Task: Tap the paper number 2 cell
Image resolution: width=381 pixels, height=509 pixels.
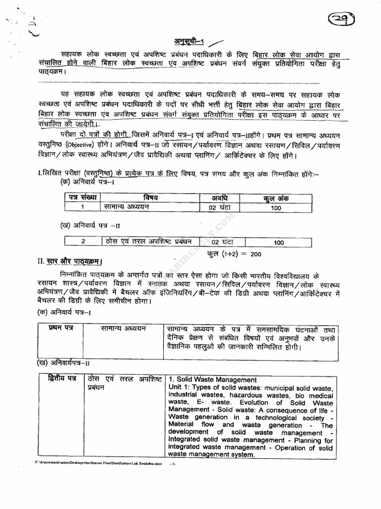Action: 83,242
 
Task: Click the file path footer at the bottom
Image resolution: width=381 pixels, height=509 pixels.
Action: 99,463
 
